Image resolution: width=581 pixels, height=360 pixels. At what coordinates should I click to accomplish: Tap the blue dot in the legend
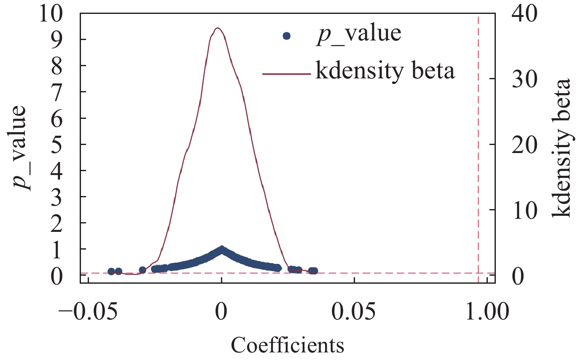[x=287, y=36]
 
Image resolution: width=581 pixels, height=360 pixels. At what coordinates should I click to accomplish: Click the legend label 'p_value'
[x=358, y=34]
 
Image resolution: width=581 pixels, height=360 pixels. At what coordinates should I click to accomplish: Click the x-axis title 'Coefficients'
[x=288, y=345]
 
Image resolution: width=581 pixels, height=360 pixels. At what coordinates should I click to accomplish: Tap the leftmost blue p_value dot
[x=111, y=271]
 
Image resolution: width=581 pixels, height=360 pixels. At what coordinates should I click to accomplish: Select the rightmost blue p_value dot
[x=314, y=271]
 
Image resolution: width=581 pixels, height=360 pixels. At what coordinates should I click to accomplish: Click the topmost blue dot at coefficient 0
[x=221, y=249]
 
